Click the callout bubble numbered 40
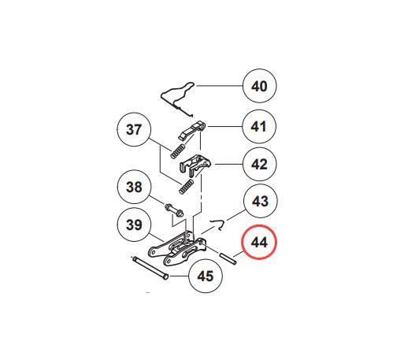(x=259, y=86)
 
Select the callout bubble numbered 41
(x=259, y=127)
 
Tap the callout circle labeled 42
(x=259, y=164)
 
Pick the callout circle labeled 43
(x=260, y=201)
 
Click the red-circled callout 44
(x=259, y=242)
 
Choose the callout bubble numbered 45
(x=206, y=276)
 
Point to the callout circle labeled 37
(x=134, y=129)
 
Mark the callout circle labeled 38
(x=134, y=187)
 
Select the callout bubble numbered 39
(x=134, y=225)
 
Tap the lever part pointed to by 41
(x=192, y=130)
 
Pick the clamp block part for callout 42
(x=195, y=165)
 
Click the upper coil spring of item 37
(x=178, y=151)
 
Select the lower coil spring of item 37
(x=187, y=187)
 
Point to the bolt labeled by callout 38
(x=174, y=210)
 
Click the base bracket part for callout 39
(x=177, y=248)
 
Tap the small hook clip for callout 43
(x=220, y=225)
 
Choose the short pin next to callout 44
(x=228, y=258)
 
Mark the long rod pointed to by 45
(x=150, y=269)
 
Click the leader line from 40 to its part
(x=219, y=86)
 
